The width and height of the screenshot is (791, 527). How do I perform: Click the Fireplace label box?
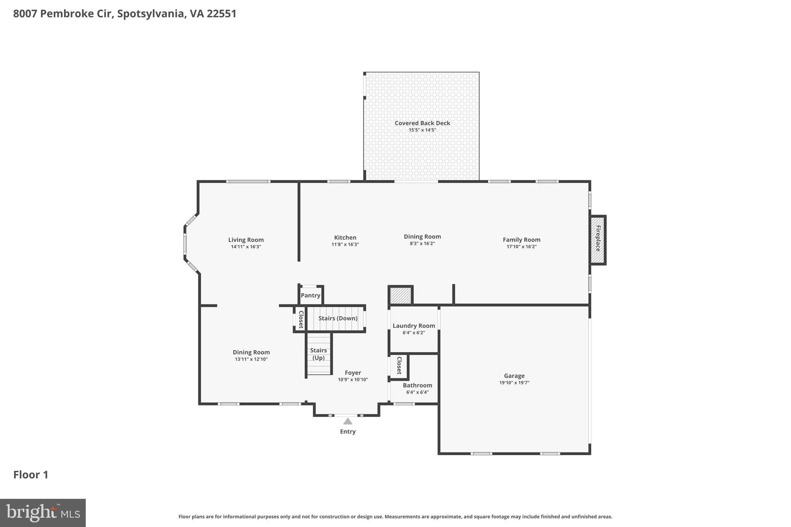(x=597, y=239)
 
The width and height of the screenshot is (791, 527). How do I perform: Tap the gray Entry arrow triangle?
(x=348, y=421)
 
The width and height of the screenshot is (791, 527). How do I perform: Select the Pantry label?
(x=311, y=295)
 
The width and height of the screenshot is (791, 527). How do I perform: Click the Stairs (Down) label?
(x=338, y=319)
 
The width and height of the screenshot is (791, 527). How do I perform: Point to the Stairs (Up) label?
(x=319, y=354)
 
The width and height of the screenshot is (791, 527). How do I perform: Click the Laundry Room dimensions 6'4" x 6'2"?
(x=414, y=333)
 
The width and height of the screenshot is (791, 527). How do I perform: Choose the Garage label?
(x=514, y=376)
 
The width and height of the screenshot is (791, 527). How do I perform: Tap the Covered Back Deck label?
(x=422, y=123)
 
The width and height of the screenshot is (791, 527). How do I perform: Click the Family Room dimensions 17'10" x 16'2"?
(x=521, y=247)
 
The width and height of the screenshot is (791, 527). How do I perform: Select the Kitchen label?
(x=345, y=238)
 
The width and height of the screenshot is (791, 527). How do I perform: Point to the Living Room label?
(x=246, y=240)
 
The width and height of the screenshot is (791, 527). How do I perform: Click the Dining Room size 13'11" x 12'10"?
(x=251, y=359)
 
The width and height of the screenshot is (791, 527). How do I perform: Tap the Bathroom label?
(x=417, y=385)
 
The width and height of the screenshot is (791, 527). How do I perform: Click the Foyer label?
(x=353, y=373)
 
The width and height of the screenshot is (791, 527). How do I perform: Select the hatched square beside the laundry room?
(x=400, y=296)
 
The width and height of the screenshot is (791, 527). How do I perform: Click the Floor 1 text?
(x=31, y=475)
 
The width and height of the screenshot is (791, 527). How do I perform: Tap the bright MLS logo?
(x=42, y=513)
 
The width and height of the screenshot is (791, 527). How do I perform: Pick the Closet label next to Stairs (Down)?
(x=301, y=319)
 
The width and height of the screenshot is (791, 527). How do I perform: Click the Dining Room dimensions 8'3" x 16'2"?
(x=422, y=244)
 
